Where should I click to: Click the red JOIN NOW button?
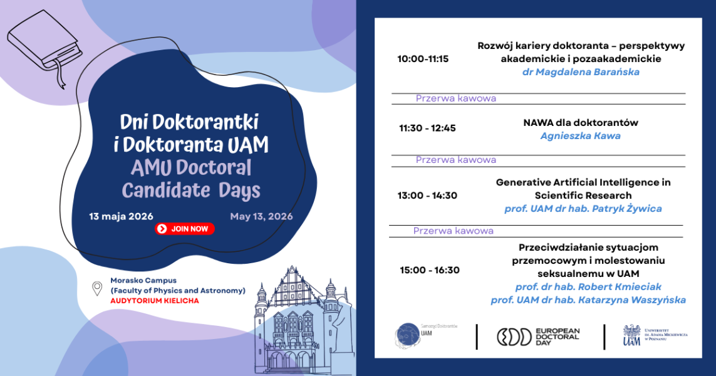point(185,229)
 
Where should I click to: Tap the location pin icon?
point(97,289)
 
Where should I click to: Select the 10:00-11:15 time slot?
point(423,59)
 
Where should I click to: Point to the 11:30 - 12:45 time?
point(427,128)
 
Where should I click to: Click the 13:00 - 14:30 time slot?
point(427,196)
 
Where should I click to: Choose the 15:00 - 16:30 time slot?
point(430,270)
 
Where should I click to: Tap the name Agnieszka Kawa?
point(580,136)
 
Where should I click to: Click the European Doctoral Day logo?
point(538,337)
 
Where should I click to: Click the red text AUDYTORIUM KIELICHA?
point(154,301)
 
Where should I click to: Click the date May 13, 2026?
point(261,217)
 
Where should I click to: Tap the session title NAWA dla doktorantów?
point(580,123)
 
